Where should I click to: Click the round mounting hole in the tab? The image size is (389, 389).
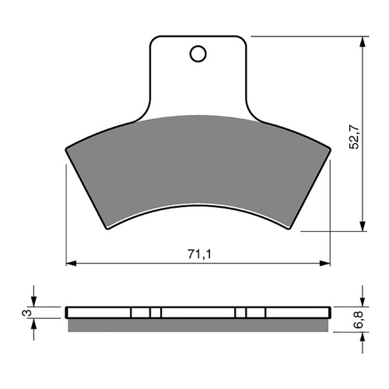click(x=198, y=54)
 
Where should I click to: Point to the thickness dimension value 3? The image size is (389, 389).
click(x=26, y=313)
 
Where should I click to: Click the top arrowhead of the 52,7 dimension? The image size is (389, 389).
click(x=362, y=40)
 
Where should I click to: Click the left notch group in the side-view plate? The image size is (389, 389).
click(x=145, y=313)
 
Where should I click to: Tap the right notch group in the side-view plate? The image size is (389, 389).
click(x=251, y=313)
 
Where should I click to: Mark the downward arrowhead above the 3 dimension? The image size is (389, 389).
click(x=33, y=303)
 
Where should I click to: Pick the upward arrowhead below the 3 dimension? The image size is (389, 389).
click(x=33, y=323)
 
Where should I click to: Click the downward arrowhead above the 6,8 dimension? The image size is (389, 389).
click(x=362, y=303)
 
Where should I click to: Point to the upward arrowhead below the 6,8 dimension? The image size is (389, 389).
click(x=362, y=332)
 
